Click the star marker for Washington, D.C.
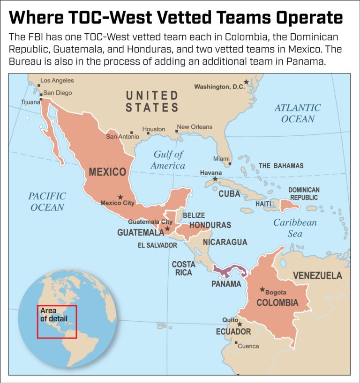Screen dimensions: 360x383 pyautogui.click(x=246, y=82)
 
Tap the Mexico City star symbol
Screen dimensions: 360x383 pyautogui.click(x=120, y=197)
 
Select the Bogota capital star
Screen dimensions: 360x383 pyautogui.click(x=262, y=290)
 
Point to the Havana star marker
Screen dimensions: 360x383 pyautogui.click(x=215, y=179)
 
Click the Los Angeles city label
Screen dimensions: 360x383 pyautogui.click(x=57, y=81)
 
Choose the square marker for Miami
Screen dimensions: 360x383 pyautogui.click(x=230, y=164)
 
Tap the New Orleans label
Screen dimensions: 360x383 pyautogui.click(x=195, y=127)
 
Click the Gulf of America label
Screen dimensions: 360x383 pyautogui.click(x=168, y=160)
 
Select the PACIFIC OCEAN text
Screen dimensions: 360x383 pyautogui.click(x=47, y=201)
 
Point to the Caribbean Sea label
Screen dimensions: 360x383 pyautogui.click(x=295, y=228)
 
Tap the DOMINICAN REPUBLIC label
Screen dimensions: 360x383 pyautogui.click(x=304, y=194)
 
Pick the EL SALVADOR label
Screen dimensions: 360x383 pyautogui.click(x=157, y=245)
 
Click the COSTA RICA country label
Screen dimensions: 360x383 pyautogui.click(x=183, y=268)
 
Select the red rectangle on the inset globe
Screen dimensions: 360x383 pyautogui.click(x=57, y=322)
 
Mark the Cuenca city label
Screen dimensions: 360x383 pyautogui.click(x=248, y=346)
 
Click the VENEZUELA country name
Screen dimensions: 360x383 pyautogui.click(x=317, y=275)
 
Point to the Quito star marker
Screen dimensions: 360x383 pyautogui.click(x=240, y=324)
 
